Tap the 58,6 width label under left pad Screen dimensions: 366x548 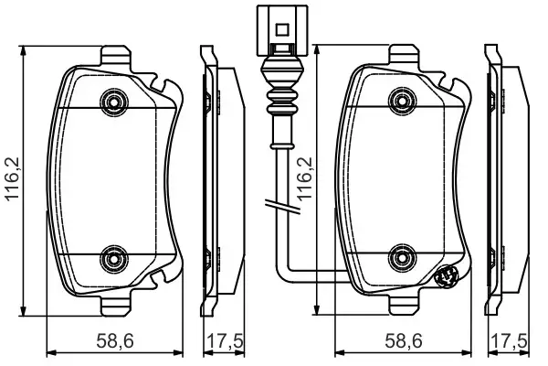coord(116,341)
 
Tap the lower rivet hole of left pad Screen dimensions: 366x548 coord(113,258)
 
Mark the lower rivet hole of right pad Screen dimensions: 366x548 coord(400,258)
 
